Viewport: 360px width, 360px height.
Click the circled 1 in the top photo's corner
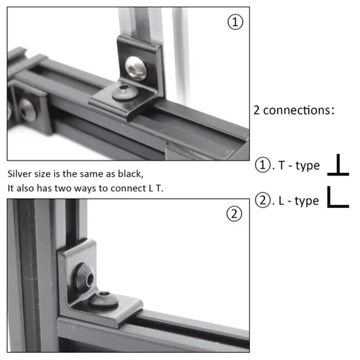[235, 22]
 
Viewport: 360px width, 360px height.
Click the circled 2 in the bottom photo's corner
[235, 213]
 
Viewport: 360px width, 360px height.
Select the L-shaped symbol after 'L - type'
[338, 198]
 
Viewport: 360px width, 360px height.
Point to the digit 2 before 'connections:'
[257, 111]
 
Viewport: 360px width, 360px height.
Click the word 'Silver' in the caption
[21, 174]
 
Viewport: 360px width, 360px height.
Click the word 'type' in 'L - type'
[307, 201]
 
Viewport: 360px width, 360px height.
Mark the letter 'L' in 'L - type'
[280, 200]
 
